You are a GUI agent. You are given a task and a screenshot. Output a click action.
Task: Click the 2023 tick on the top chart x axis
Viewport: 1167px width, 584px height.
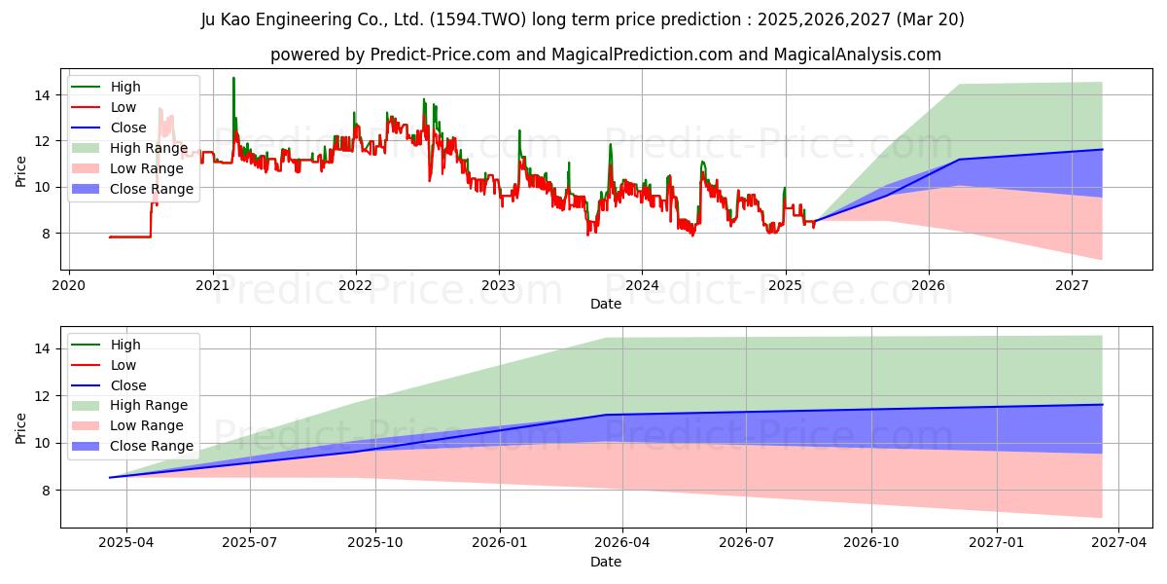[499, 286]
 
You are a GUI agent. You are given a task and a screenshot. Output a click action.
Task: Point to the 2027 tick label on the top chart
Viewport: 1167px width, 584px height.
[1072, 286]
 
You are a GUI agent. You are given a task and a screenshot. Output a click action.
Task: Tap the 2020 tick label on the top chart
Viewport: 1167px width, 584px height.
[68, 286]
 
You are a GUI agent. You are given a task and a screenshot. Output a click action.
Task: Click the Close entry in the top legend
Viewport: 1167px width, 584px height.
[128, 128]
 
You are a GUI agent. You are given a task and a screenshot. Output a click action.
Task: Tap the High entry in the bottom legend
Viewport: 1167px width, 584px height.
[125, 345]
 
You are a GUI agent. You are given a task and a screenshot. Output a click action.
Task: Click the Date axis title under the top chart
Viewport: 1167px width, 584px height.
[605, 304]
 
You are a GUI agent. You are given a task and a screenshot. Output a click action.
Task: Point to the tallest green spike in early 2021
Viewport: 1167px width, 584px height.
[233, 79]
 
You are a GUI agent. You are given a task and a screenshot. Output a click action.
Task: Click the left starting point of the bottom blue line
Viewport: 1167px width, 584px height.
[110, 477]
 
